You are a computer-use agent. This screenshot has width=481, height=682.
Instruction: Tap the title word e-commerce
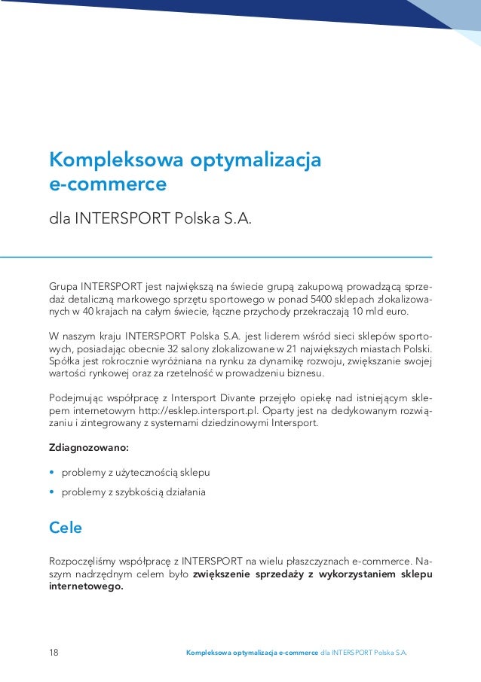tap(108, 184)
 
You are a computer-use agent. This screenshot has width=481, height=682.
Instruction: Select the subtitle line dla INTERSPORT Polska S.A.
tap(149, 220)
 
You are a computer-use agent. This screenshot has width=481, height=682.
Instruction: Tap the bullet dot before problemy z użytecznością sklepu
tap(52, 473)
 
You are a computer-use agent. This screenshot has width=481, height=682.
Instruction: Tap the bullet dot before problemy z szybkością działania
tap(52, 492)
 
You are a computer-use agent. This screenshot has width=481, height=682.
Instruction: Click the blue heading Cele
tap(66, 528)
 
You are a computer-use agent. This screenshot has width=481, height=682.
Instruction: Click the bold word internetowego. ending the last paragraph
tap(85, 586)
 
